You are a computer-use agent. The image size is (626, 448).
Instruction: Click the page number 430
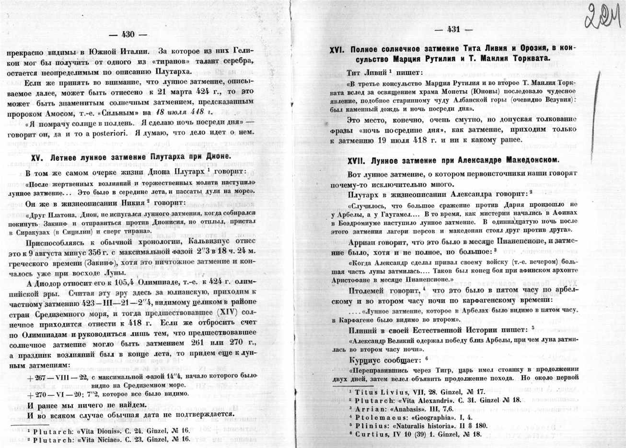pos(128,34)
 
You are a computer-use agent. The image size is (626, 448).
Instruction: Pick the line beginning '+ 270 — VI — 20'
pos(105,394)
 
